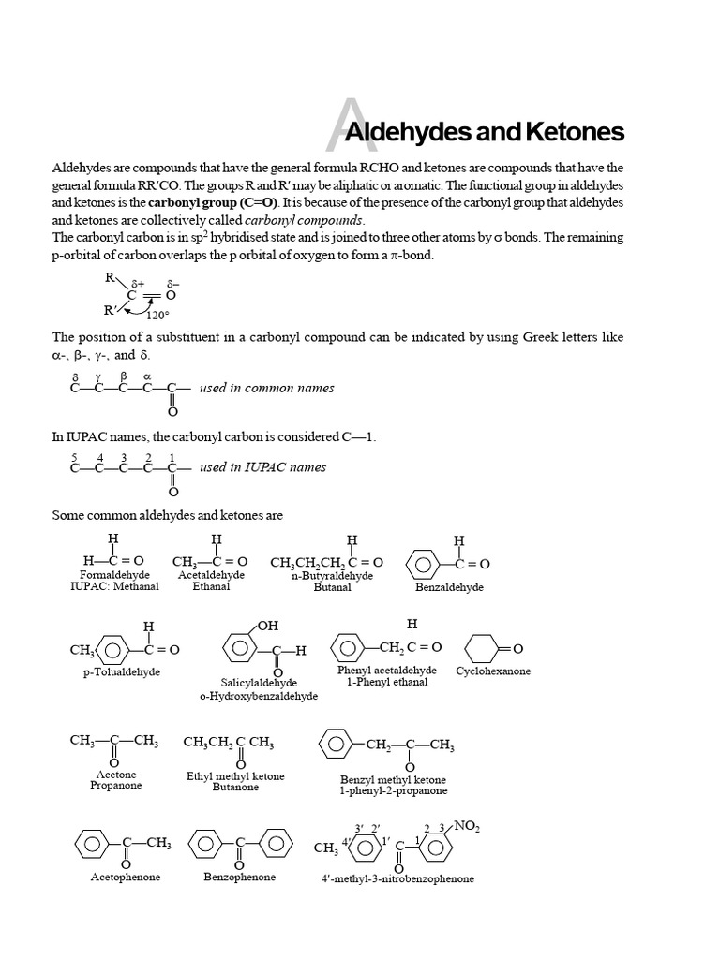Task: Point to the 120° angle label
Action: [x=157, y=315]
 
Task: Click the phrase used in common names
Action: [x=266, y=388]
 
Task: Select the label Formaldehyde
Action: [x=113, y=575]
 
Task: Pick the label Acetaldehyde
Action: [x=211, y=575]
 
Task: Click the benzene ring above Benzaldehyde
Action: [x=424, y=564]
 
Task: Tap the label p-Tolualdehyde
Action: [x=122, y=672]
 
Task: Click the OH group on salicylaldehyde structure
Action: [x=268, y=626]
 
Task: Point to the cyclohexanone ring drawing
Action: [x=483, y=649]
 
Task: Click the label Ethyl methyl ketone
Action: [x=235, y=776]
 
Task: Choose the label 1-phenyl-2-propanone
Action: [x=393, y=790]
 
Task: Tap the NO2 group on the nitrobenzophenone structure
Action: [x=466, y=826]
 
